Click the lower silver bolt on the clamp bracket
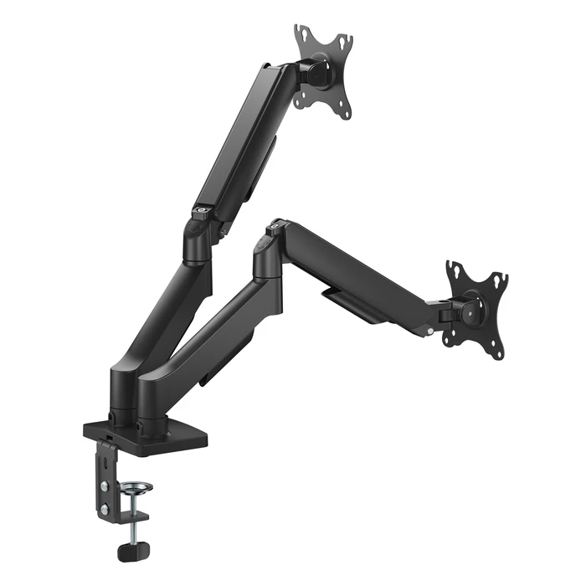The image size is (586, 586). click(105, 508)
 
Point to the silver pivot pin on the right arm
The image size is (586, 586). click(429, 332)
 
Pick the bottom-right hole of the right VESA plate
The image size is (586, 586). click(499, 352)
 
